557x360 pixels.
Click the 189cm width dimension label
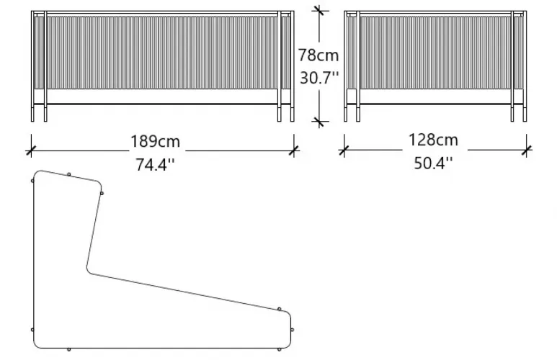[155, 141]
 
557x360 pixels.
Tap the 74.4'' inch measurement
[155, 165]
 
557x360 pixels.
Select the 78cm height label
[318, 55]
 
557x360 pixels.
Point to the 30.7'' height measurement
[319, 78]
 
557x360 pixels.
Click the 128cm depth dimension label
[433, 140]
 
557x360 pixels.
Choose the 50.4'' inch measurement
[433, 163]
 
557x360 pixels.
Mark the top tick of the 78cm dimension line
[319, 11]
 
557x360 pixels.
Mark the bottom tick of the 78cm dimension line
[319, 122]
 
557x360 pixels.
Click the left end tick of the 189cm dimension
[31, 151]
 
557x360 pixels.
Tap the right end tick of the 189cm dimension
[294, 151]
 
